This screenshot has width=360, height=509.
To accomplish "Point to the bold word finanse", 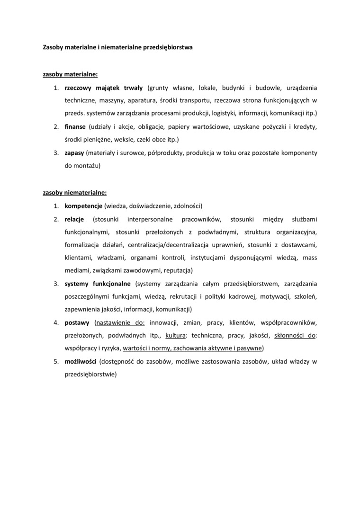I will (x=75, y=127).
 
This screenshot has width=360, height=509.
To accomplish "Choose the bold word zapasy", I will (x=74, y=153).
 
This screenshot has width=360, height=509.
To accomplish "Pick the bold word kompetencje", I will (x=84, y=206).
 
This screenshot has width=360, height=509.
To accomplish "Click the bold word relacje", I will (x=74, y=219).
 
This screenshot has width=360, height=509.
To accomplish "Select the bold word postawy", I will (x=77, y=323).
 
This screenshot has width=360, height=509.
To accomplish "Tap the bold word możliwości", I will (x=81, y=362).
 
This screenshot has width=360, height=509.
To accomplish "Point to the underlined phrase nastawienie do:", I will (x=120, y=323).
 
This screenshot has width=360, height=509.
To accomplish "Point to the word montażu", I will (x=87, y=166).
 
